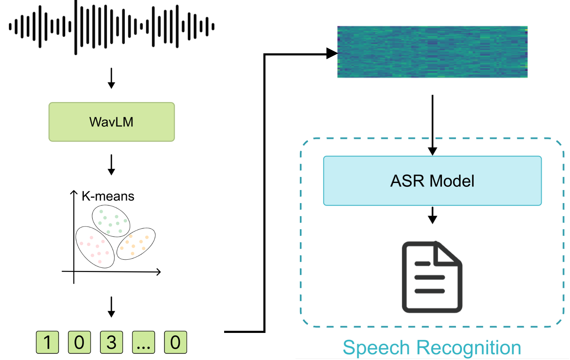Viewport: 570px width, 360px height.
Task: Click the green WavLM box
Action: tap(112, 122)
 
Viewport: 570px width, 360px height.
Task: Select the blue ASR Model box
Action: tap(432, 181)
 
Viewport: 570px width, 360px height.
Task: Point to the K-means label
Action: tap(108, 196)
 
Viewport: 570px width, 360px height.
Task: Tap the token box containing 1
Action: tap(47, 342)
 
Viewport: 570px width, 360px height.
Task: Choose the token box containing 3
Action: tap(111, 342)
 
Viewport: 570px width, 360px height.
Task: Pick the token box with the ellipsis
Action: tap(143, 342)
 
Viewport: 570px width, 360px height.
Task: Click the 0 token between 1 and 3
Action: tap(79, 342)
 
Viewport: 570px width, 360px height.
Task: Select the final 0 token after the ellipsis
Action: tap(175, 342)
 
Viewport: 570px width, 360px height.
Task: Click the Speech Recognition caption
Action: tap(432, 348)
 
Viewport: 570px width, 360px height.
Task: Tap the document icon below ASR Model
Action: tap(432, 277)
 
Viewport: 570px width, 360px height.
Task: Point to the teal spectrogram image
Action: tap(432, 52)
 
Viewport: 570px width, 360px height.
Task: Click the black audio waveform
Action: tap(112, 27)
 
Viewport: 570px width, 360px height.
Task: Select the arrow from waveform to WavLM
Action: tap(111, 78)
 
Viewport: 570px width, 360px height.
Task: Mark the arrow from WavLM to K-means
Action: tap(111, 164)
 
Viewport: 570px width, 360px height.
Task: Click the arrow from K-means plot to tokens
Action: tap(111, 307)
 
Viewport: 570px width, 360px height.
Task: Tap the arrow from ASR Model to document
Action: tap(432, 215)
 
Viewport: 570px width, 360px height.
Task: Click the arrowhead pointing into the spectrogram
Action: tap(331, 53)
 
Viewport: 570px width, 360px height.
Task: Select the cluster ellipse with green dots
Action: tap(111, 221)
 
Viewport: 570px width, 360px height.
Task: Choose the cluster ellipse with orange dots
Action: tap(136, 244)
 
